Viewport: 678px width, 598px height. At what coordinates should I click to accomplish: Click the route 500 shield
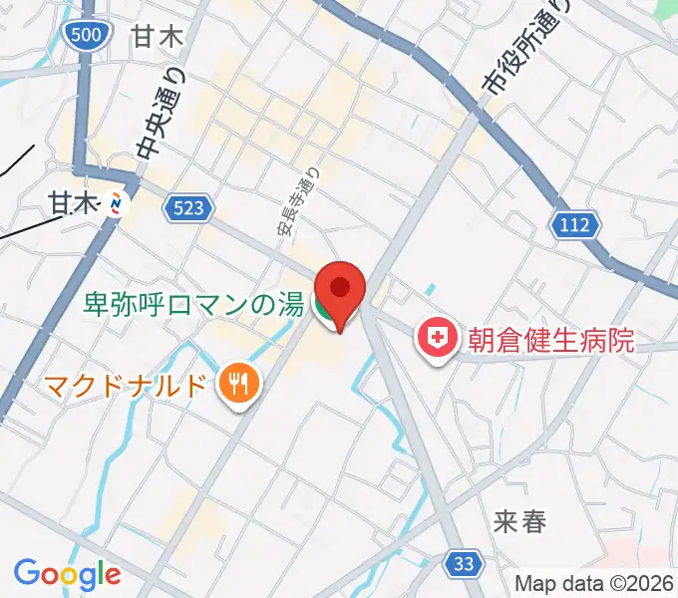coord(86,36)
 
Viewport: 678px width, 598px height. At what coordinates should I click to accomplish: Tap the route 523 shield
coord(189,207)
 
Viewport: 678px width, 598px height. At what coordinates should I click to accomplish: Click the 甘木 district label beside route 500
coord(158,38)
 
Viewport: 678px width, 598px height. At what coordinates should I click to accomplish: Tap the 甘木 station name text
coord(75,203)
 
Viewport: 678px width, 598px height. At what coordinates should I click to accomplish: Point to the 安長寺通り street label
coord(297,205)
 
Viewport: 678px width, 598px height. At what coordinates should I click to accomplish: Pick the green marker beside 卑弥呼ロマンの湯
coord(324,310)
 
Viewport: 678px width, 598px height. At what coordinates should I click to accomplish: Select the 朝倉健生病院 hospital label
coord(551,341)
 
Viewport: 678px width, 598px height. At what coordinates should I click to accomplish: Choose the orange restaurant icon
coord(237,383)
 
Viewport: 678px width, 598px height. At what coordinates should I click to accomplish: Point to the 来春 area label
coord(519,520)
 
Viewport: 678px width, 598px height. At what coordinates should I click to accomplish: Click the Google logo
coord(67,574)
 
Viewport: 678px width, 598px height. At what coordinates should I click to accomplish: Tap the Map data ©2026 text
coord(594,584)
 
